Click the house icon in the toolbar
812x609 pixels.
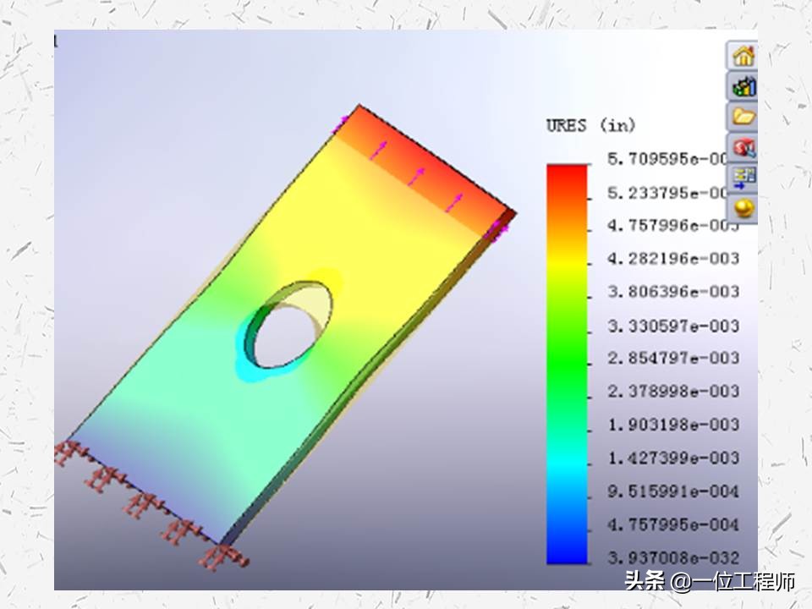tap(743, 57)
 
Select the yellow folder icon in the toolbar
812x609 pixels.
tap(743, 117)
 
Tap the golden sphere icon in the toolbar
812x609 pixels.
tap(743, 208)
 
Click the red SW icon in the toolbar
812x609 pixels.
tap(743, 148)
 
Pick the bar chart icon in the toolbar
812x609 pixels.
tap(743, 86)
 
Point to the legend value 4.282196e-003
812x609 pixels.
tap(672, 258)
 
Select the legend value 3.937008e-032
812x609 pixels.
tap(672, 557)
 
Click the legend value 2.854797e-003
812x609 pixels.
tap(672, 358)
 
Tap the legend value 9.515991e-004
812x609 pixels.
tap(672, 491)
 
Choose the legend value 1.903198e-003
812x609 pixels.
tap(672, 424)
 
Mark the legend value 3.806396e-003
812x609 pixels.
tap(672, 291)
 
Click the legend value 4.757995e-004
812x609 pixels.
tap(672, 524)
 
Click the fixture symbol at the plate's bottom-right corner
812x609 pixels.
tap(222, 556)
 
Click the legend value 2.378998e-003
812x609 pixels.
tap(672, 391)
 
